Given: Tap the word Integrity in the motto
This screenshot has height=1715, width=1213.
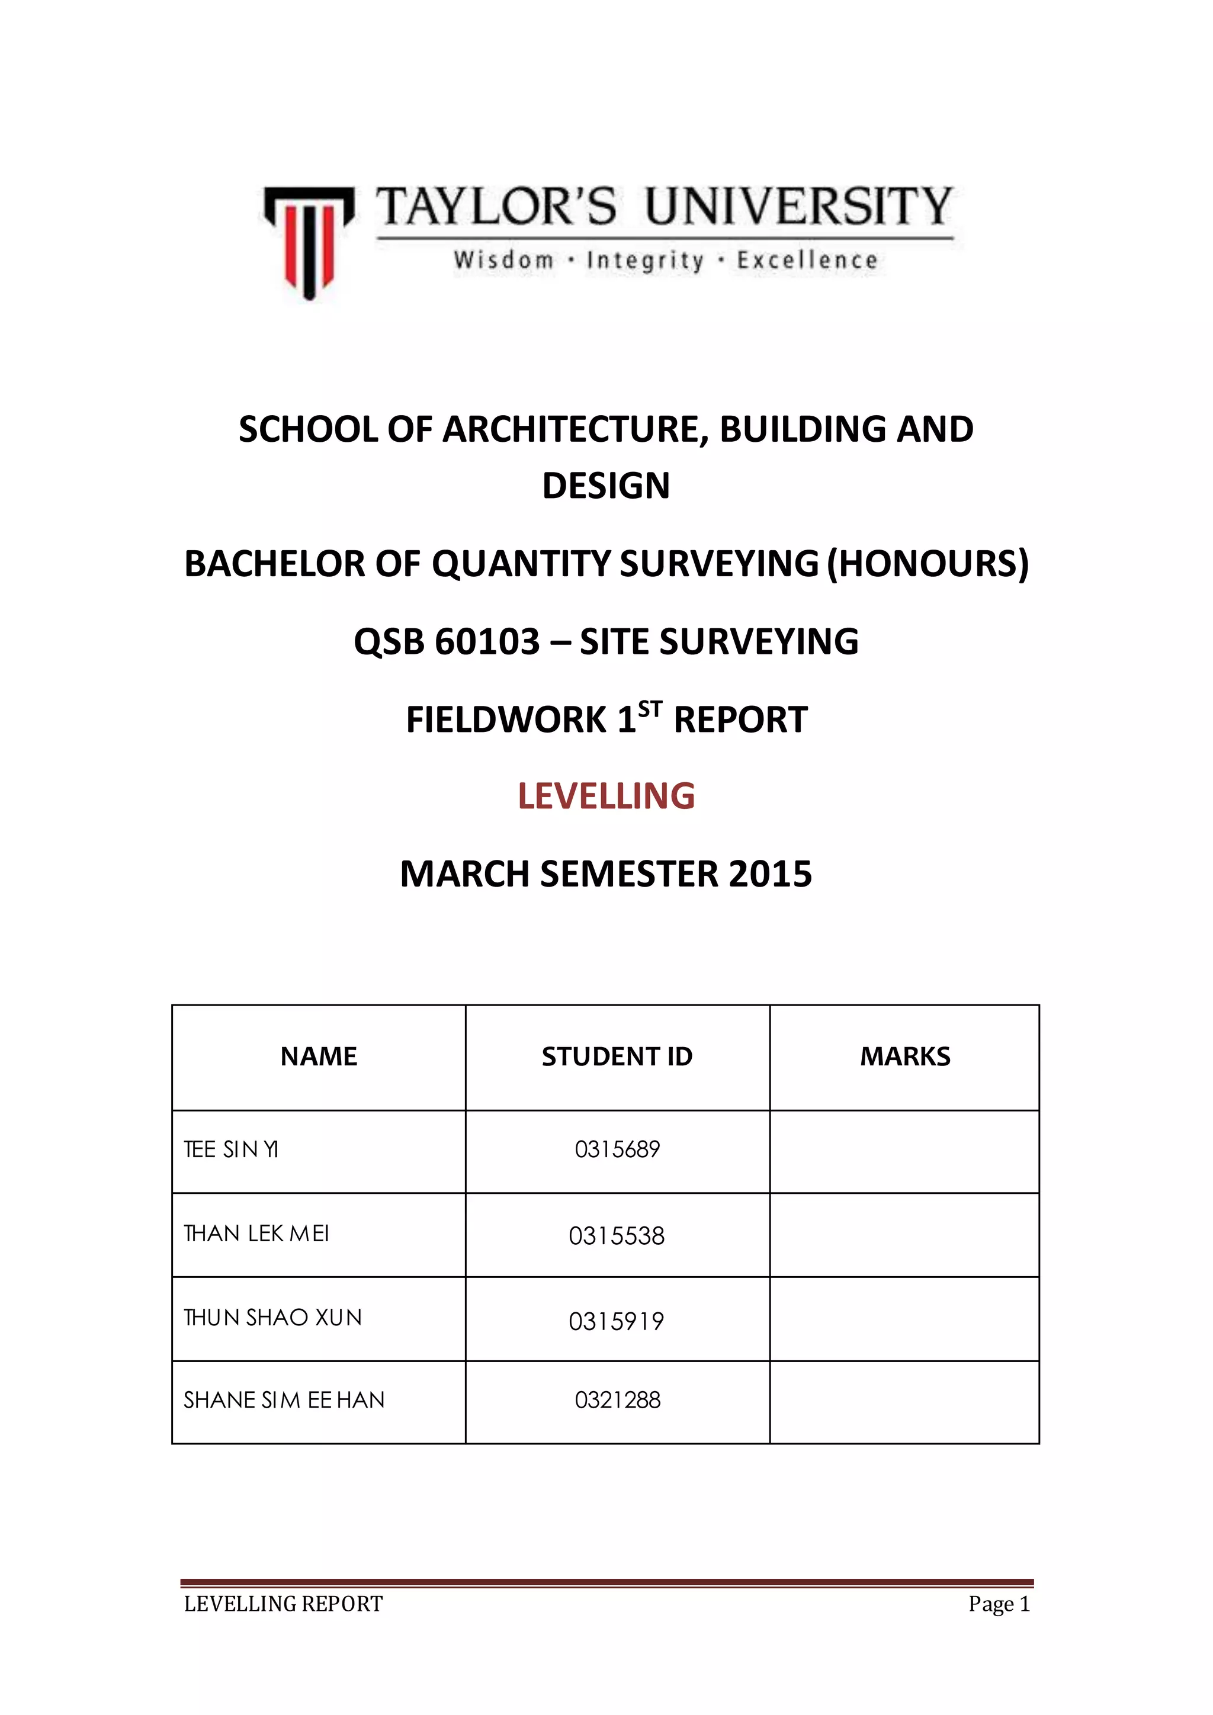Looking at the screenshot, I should (646, 261).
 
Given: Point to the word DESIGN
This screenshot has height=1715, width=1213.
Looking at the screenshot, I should (606, 486).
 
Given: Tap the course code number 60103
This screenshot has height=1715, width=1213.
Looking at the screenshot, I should (487, 641).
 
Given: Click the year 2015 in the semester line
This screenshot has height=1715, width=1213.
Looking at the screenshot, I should (770, 874).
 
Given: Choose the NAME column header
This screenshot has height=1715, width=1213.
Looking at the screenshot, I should (319, 1057).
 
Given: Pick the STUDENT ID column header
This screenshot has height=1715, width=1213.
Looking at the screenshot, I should (617, 1057).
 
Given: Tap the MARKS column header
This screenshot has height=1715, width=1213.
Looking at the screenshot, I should (904, 1057).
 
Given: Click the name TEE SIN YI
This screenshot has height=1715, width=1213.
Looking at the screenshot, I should (232, 1149).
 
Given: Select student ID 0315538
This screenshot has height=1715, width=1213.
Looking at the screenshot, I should (616, 1236).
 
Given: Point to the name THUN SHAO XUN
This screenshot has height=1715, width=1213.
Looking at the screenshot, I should (272, 1318).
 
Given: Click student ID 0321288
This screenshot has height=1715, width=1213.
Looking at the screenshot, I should (617, 1400).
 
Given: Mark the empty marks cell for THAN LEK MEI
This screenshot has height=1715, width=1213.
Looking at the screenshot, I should (904, 1235).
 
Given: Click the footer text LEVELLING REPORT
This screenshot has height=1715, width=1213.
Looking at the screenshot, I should (283, 1604).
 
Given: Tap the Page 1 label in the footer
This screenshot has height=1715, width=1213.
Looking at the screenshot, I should (999, 1604).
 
